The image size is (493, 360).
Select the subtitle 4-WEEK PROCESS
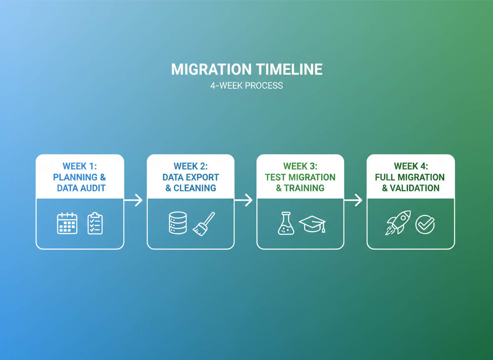coord(246,86)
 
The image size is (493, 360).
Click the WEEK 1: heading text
coord(80,166)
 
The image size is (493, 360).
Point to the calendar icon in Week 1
coord(67,223)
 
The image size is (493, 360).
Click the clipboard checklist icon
coord(95,223)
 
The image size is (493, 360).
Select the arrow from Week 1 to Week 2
coord(133,200)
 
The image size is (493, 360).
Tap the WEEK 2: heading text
coord(190,166)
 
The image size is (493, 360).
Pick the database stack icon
coord(178,223)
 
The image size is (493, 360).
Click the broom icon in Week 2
coord(204,224)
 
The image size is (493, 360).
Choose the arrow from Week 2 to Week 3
coord(244,200)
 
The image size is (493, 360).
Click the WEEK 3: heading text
coord(300,166)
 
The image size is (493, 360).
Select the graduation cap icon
coord(312,224)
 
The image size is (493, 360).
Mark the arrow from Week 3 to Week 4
coord(353,200)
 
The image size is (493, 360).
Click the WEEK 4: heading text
coord(411,166)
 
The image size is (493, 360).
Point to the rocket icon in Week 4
coord(398,222)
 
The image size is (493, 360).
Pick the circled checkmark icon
coord(425,225)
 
